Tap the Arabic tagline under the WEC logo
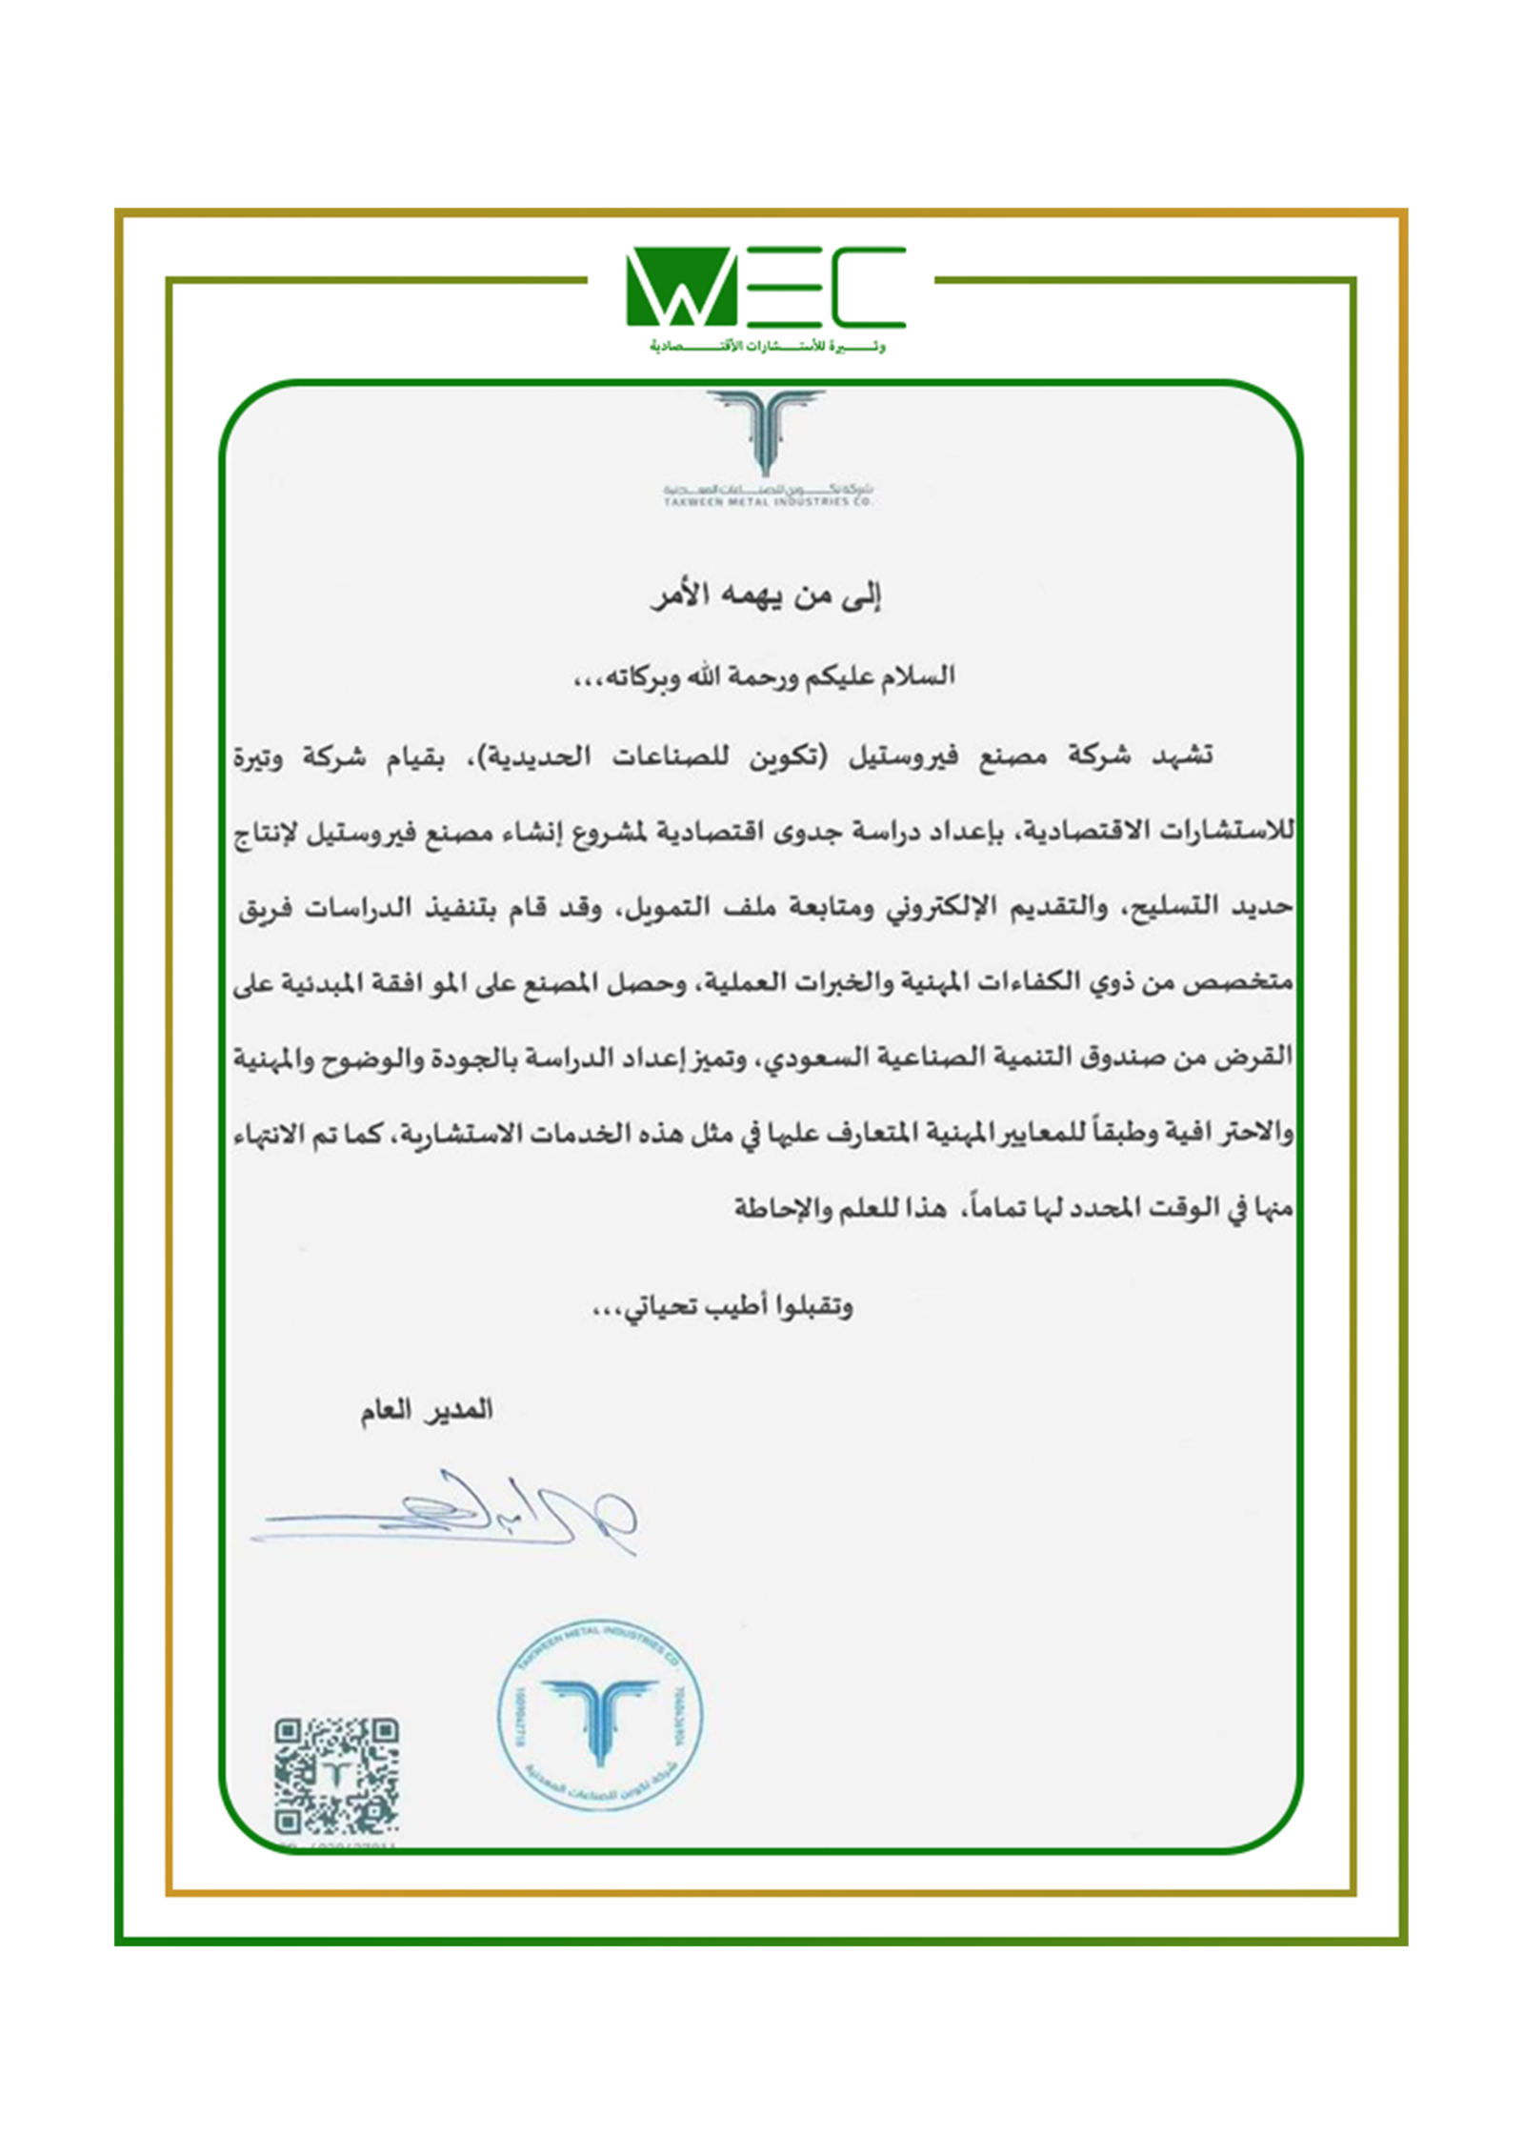coord(768,347)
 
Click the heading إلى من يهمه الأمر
coord(765,597)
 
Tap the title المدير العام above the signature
coord(426,1410)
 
